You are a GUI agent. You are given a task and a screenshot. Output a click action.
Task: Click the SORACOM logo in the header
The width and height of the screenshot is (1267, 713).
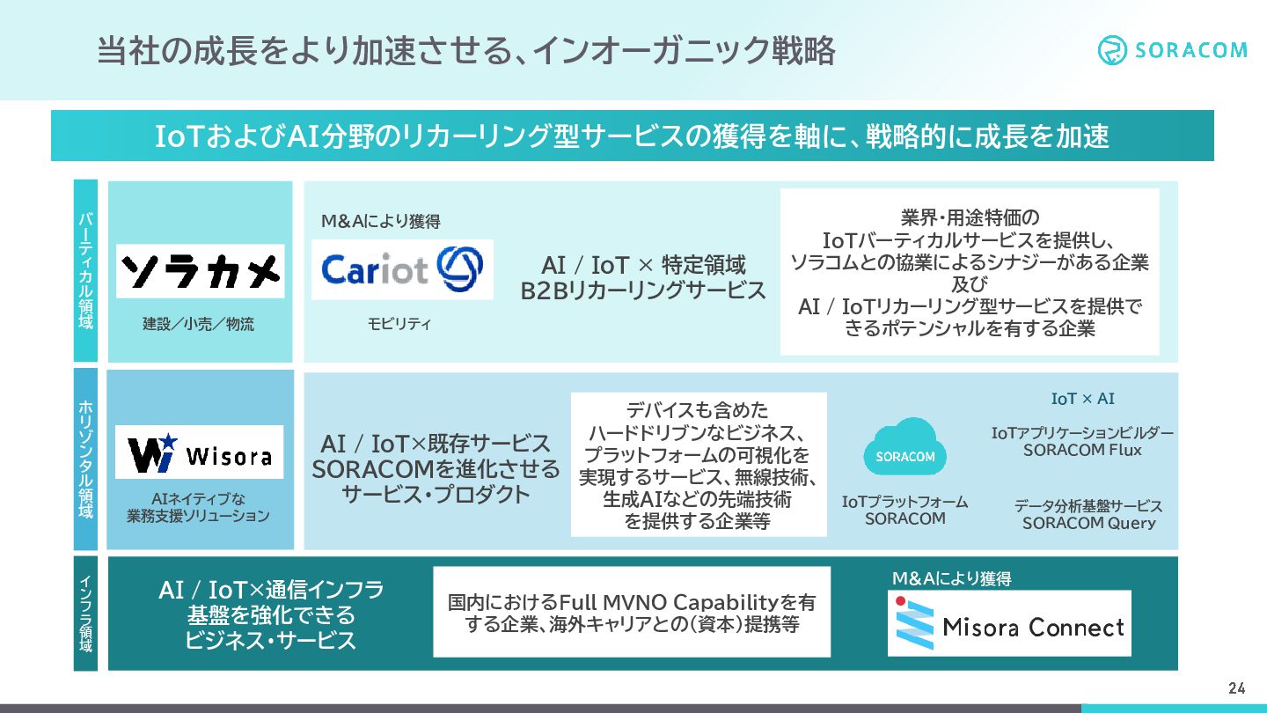coord(1172,50)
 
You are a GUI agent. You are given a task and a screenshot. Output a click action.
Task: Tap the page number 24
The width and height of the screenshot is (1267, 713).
coord(1237,688)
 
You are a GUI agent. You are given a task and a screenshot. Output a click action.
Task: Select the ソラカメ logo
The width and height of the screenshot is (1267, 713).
coord(200,270)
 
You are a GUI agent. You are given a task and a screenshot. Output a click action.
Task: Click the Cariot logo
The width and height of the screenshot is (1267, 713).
coord(402,269)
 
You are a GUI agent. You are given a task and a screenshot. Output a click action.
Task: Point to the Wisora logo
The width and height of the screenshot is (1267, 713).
coord(200,452)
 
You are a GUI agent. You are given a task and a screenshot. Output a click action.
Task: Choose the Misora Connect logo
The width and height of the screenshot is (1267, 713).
coord(1009,623)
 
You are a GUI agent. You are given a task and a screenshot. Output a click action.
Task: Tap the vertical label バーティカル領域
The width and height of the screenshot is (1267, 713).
coord(85,270)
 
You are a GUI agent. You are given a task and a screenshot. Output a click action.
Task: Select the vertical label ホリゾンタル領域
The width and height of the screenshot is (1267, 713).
coord(85,459)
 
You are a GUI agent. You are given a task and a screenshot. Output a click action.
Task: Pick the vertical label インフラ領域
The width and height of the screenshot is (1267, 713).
coord(85,614)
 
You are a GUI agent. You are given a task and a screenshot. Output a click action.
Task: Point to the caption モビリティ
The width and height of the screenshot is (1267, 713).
coord(399,324)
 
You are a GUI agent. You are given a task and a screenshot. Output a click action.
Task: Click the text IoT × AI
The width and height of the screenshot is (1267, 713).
coord(1082,399)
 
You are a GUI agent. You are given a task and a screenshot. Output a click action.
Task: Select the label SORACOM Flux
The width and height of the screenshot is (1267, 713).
coord(1082,450)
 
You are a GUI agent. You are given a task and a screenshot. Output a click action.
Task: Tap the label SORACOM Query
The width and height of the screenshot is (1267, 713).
coord(1088,523)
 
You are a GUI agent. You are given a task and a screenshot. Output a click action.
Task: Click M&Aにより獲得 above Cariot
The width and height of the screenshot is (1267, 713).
coord(380,222)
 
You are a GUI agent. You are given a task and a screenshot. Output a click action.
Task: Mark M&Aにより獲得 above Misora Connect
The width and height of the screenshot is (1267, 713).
coord(951,578)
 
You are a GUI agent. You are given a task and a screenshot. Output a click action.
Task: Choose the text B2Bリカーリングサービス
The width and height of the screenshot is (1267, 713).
coord(643,290)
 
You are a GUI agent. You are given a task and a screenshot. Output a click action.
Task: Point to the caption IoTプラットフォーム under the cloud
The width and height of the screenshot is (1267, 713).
coord(904,502)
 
